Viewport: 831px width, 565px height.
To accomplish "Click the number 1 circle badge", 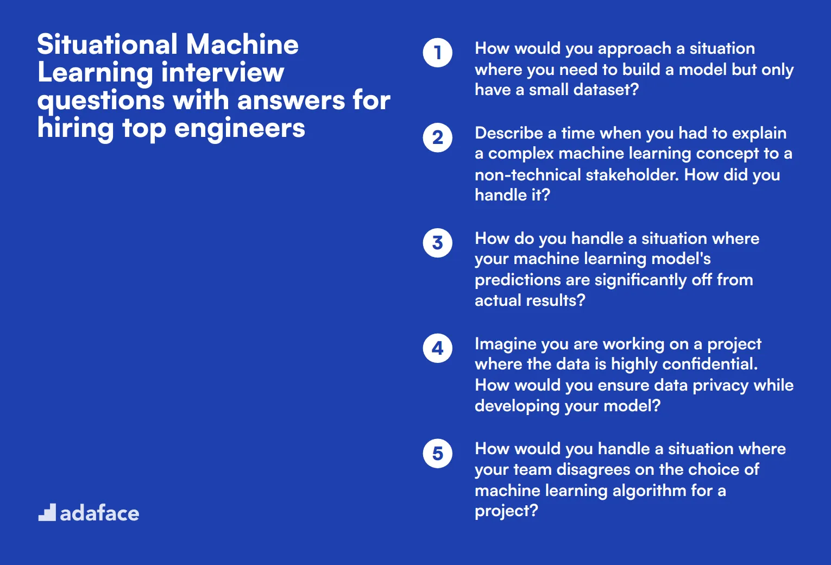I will (x=437, y=53).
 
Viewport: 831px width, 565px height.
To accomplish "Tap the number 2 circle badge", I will (x=437, y=137).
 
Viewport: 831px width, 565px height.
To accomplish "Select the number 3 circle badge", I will (x=437, y=243).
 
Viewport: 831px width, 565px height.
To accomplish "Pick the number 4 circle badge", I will (x=437, y=348).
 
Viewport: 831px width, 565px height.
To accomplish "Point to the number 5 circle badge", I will (x=437, y=453).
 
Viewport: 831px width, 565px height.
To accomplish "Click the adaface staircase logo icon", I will (x=47, y=512).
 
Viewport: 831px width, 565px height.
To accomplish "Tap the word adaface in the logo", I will (x=99, y=513).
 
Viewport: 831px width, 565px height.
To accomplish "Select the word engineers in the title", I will (x=240, y=129).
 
